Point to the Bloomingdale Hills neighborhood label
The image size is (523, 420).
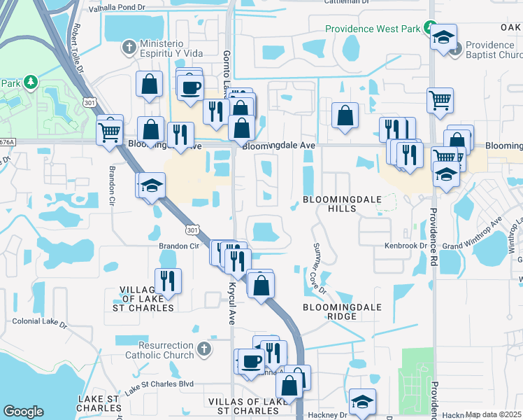pyautogui.click(x=343, y=204)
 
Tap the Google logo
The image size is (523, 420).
pyautogui.click(x=23, y=412)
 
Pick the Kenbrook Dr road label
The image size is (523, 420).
pyautogui.click(x=406, y=246)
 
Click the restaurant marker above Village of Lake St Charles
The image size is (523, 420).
pyautogui.click(x=168, y=281)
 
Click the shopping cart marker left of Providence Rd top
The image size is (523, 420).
pyautogui.click(x=440, y=101)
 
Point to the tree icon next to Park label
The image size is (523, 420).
pyautogui.click(x=30, y=83)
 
